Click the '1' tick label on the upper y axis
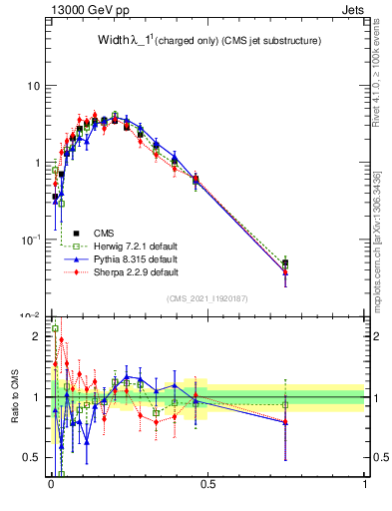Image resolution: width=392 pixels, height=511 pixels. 37,163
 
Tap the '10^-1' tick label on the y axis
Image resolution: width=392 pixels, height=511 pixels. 31,240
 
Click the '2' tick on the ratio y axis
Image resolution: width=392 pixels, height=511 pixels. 37,336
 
